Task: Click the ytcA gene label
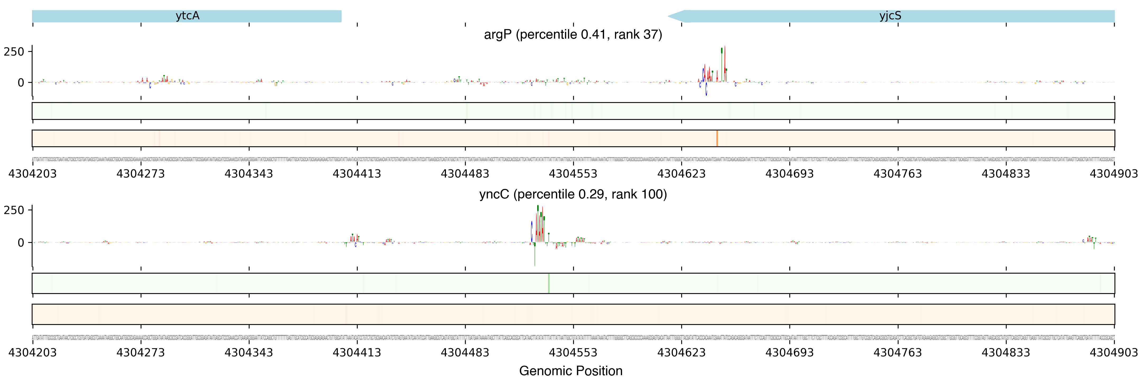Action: point(187,16)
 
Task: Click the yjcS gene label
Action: point(890,16)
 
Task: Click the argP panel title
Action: point(573,35)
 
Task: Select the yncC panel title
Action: point(573,194)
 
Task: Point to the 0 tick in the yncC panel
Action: point(21,243)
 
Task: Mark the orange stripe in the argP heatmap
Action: point(717,138)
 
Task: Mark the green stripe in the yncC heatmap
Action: point(549,283)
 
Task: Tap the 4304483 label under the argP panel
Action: point(465,174)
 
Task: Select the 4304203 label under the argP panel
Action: point(32,174)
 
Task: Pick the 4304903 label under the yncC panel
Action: point(1114,353)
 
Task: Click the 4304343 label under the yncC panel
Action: point(249,353)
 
